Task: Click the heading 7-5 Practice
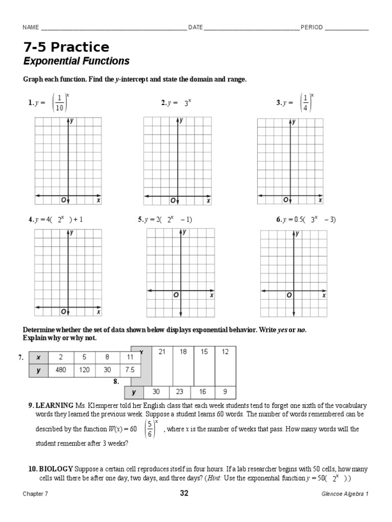(x=66, y=47)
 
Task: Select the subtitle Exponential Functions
(x=77, y=62)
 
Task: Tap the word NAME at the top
(x=31, y=28)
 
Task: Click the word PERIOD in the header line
(x=311, y=28)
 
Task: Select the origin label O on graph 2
(x=173, y=200)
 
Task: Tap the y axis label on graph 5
(x=184, y=232)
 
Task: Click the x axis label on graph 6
(x=324, y=295)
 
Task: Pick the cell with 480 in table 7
(x=61, y=371)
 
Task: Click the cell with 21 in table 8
(x=162, y=352)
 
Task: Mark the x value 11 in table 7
(x=130, y=358)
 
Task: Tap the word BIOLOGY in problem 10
(x=56, y=468)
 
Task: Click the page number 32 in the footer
(x=184, y=493)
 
